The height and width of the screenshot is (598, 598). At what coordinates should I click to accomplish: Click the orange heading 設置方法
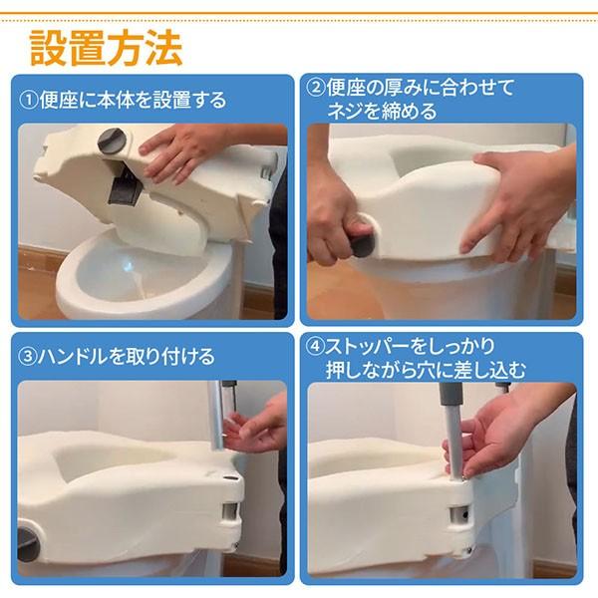(x=106, y=49)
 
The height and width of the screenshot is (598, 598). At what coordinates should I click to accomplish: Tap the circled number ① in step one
(x=29, y=101)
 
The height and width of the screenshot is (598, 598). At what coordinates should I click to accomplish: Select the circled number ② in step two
(x=316, y=88)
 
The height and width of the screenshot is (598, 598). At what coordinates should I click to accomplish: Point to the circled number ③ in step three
(x=28, y=357)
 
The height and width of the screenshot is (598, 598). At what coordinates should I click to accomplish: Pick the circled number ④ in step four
(x=316, y=346)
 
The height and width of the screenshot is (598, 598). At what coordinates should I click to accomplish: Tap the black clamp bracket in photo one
(x=125, y=186)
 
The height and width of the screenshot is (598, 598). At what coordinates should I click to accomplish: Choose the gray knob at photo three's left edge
(x=28, y=544)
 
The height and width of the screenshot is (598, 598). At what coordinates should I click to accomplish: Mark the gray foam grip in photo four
(x=450, y=395)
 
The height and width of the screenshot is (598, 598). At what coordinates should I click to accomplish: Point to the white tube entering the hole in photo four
(x=454, y=443)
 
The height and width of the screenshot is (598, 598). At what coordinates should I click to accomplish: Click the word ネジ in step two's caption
(x=342, y=112)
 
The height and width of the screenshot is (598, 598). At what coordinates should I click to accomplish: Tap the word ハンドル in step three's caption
(x=72, y=357)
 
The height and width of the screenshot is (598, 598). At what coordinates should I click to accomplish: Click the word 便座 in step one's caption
(x=59, y=101)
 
